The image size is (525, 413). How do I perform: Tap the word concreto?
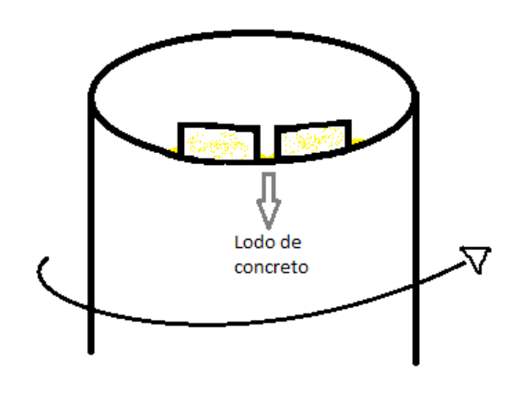tap(271, 267)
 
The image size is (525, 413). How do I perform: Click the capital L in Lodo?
tap(239, 242)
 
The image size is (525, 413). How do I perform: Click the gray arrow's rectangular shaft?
tap(269, 186)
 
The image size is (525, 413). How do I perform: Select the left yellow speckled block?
tap(219, 144)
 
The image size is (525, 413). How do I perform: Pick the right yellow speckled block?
tap(312, 139)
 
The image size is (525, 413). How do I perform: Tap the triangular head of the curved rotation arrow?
tap(476, 259)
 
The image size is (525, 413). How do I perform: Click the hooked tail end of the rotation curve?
tap(46, 259)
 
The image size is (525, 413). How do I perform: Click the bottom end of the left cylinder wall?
tap(91, 352)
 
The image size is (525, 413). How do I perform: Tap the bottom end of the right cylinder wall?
tap(415, 363)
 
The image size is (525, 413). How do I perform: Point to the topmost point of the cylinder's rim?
tap(254, 33)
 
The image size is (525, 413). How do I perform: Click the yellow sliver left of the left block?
tap(173, 150)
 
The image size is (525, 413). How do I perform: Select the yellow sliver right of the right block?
tap(358, 141)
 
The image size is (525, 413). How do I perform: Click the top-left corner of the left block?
tap(179, 124)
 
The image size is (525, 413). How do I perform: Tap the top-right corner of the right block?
tap(350, 121)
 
